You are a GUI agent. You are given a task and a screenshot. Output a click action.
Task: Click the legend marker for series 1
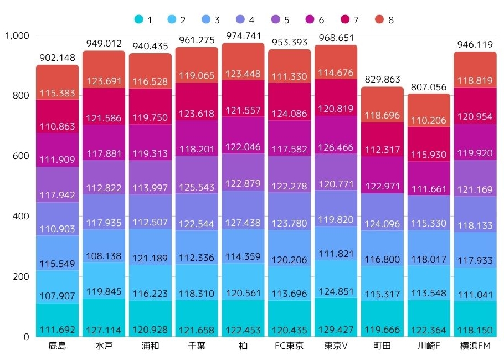138,20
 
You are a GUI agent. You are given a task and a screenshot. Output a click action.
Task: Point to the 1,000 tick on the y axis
16,35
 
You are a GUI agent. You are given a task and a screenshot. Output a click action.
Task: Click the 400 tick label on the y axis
20,216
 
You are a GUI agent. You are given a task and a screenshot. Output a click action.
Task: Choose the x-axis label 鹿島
58,347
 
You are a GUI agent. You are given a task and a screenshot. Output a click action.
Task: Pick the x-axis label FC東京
289,347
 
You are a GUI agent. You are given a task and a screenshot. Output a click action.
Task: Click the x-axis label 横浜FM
475,347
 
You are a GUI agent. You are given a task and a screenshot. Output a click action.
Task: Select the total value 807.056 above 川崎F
429,86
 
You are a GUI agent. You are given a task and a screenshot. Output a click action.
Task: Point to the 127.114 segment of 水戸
104,317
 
